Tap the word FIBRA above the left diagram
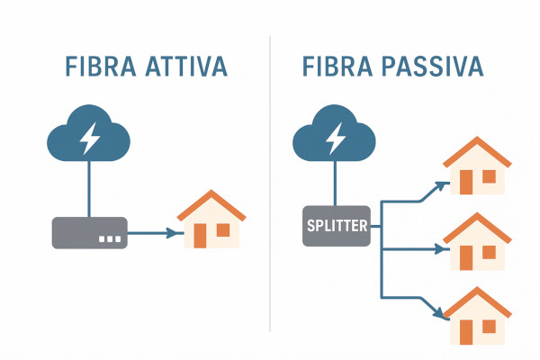98,67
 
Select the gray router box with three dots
89,233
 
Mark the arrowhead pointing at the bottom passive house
443,314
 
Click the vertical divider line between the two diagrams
271,180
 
